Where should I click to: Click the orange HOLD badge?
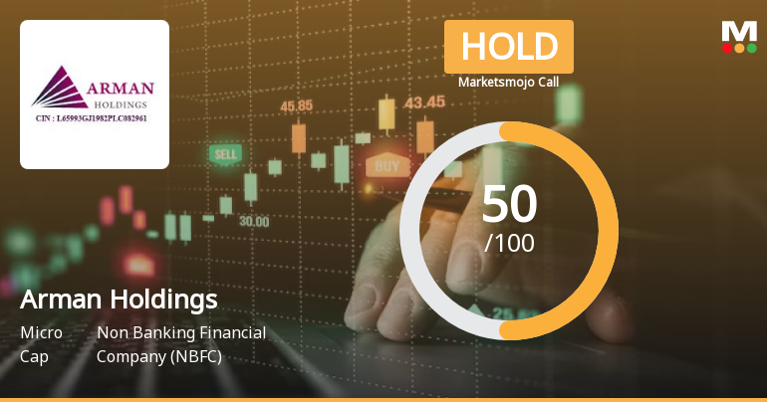click(508, 47)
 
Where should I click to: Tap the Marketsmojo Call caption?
click(508, 82)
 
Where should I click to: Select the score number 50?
click(509, 205)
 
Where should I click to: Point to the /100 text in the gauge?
click(509, 242)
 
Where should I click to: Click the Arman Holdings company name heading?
click(119, 300)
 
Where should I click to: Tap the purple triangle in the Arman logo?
click(58, 88)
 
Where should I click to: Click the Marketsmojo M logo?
click(739, 31)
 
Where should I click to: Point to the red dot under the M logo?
click(727, 47)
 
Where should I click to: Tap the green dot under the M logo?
click(751, 47)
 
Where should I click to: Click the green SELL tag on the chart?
click(225, 154)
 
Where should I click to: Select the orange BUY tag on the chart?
click(387, 165)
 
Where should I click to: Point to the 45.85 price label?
click(296, 105)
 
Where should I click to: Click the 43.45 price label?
click(424, 101)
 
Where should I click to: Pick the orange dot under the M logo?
click(739, 47)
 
